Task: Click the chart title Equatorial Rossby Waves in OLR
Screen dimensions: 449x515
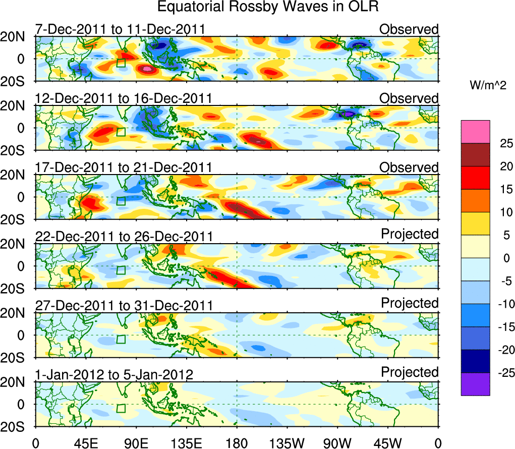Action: click(267, 7)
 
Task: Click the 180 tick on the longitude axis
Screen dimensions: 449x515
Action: click(237, 443)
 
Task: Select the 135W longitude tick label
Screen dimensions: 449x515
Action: click(287, 443)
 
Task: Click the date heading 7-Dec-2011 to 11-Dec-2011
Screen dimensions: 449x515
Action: click(120, 29)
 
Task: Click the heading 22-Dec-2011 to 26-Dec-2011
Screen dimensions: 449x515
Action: click(124, 237)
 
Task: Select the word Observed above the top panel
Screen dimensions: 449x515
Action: click(409, 29)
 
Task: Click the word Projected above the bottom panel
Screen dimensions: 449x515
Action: click(410, 372)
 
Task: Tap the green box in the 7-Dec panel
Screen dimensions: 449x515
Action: click(121, 63)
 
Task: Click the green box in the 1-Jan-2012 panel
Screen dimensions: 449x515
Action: click(121, 409)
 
